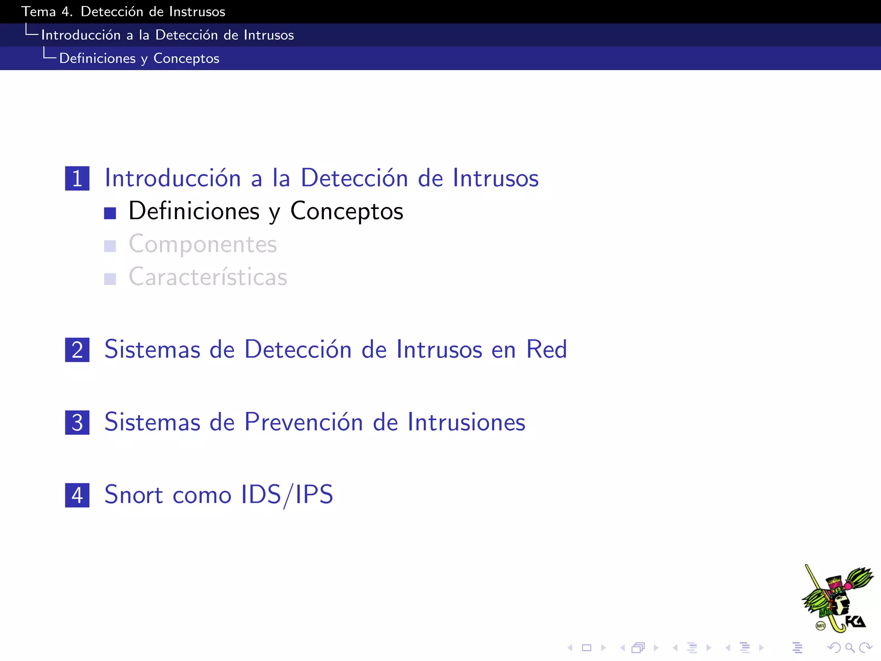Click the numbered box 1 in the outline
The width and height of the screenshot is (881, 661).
point(77,178)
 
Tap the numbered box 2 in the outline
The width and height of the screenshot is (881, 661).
point(77,349)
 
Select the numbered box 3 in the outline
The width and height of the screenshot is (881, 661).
point(77,422)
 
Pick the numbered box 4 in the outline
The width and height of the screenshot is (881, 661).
point(77,495)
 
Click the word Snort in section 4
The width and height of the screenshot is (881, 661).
point(134,494)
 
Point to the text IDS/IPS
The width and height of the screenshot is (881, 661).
point(287,494)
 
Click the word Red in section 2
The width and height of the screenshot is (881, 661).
point(546,349)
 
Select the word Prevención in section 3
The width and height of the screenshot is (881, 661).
point(304,422)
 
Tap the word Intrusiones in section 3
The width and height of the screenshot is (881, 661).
point(466,422)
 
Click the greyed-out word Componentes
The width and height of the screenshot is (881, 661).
point(203,244)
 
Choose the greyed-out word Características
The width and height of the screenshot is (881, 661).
point(208,277)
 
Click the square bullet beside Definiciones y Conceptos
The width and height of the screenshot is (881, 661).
point(110,213)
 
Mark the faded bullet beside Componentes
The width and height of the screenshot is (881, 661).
point(110,246)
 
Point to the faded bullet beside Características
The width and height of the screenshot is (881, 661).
point(110,279)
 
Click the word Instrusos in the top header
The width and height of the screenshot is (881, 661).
point(197,12)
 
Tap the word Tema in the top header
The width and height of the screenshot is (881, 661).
point(38,12)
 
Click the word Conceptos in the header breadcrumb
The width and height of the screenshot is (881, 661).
point(186,58)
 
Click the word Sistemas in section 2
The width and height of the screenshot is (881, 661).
point(152,349)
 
